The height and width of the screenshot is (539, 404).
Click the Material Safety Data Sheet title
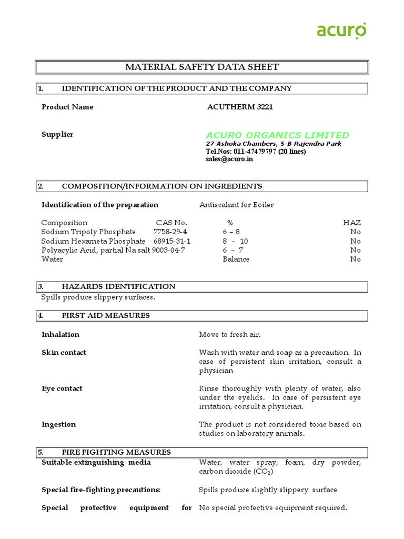(x=201, y=67)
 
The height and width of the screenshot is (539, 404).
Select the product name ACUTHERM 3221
(x=240, y=107)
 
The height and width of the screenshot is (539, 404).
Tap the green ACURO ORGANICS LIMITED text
(x=277, y=135)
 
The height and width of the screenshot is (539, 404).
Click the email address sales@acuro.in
(x=229, y=159)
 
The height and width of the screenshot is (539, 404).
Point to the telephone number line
(x=255, y=152)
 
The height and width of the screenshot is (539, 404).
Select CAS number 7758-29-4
(x=170, y=232)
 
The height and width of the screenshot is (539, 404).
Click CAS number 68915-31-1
(x=172, y=241)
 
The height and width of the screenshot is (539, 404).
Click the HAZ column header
(x=352, y=223)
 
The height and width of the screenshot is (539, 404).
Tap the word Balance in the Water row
(x=236, y=259)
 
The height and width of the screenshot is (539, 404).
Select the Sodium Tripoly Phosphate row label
(x=88, y=232)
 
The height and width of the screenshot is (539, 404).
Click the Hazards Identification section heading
(x=118, y=286)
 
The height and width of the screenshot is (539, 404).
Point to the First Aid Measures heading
(x=106, y=315)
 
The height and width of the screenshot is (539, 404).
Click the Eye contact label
(x=62, y=388)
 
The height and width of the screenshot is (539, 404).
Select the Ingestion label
(x=59, y=424)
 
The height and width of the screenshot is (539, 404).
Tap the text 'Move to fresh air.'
(x=229, y=334)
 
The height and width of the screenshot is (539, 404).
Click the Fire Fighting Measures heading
(x=116, y=452)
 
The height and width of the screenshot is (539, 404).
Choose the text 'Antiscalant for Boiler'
(x=236, y=205)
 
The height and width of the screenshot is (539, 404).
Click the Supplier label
(x=57, y=134)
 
